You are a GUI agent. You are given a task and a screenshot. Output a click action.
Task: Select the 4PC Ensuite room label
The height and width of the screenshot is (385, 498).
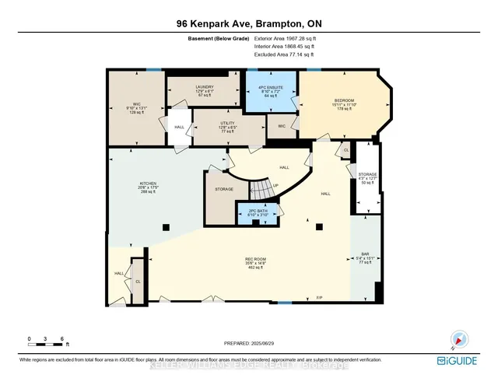click(272, 91)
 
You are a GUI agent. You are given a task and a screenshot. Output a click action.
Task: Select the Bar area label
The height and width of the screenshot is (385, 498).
click(365, 258)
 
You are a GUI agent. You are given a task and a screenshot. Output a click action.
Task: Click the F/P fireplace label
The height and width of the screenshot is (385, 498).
click(319, 298)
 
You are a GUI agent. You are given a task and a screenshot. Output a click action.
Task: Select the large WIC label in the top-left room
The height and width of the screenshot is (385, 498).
click(125, 107)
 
